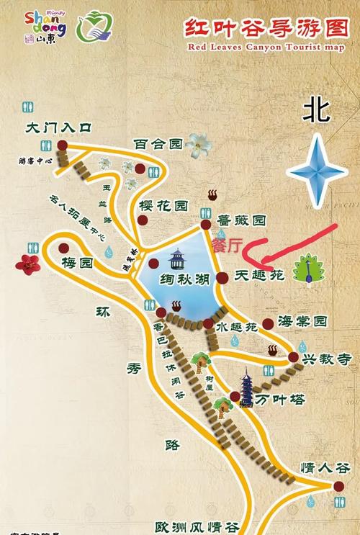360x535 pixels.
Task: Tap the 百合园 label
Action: (x=158, y=144)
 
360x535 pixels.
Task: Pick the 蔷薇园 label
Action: (x=242, y=220)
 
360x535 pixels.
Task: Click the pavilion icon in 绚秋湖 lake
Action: (x=177, y=258)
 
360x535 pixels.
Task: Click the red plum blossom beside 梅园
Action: (x=28, y=264)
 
